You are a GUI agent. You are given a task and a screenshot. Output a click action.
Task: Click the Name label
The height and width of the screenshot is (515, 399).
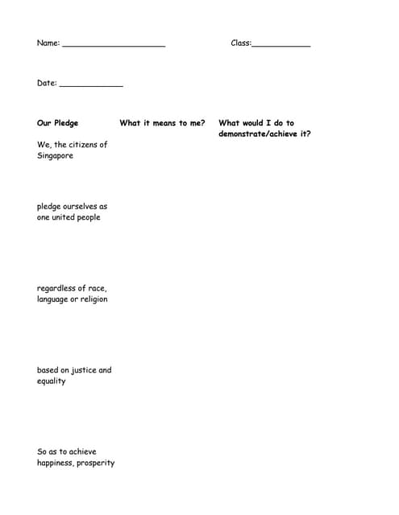[x=48, y=43]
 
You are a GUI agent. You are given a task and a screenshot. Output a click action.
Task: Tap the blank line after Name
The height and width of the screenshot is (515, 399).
[x=114, y=46]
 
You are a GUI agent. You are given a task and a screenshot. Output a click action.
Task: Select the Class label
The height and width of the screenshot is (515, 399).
[x=240, y=43]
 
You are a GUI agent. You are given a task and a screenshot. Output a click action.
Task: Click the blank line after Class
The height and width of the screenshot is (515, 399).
[x=281, y=46]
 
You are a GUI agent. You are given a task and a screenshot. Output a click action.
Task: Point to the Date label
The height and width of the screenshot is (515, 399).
[x=47, y=83]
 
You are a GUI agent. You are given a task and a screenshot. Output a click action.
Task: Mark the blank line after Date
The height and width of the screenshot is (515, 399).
[x=91, y=85]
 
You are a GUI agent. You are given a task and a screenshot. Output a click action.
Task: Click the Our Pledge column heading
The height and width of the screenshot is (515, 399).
[x=58, y=123]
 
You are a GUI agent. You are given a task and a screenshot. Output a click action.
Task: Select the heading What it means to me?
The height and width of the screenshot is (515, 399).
[x=162, y=123]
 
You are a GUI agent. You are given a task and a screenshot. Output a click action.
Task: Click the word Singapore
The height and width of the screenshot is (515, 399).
[x=55, y=155]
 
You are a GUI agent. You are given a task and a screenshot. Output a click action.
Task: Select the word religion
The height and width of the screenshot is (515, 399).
[x=94, y=299]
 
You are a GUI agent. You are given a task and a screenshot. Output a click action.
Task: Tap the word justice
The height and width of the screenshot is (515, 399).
[x=84, y=370]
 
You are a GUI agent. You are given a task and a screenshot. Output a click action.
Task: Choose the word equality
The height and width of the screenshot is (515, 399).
[x=52, y=381]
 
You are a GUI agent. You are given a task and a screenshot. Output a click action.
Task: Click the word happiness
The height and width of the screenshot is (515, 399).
[x=55, y=463]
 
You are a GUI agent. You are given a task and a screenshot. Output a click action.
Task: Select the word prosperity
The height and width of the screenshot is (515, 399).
[x=96, y=463]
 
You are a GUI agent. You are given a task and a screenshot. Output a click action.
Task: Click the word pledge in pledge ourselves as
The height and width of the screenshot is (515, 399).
[x=48, y=207]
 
